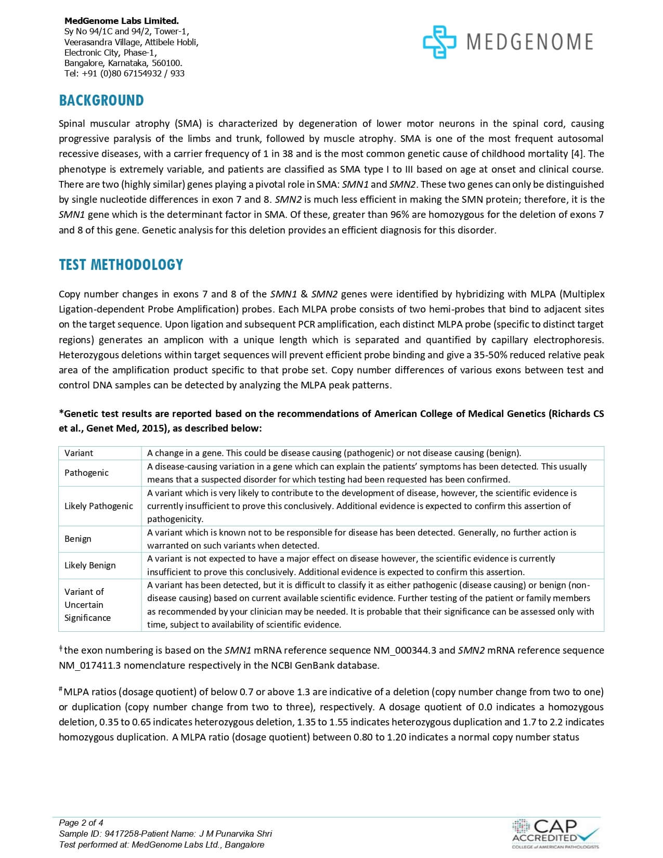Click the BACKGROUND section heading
tap(101, 100)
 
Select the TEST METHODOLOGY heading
tap(121, 265)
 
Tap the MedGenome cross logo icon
tap(439, 42)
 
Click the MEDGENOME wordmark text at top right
tap(529, 42)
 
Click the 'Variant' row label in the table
tap(79, 453)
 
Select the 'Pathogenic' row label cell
tap(87, 473)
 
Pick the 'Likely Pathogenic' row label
tap(99, 506)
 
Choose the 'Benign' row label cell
tap(78, 539)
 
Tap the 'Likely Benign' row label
tap(90, 565)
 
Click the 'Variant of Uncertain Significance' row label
tap(87, 605)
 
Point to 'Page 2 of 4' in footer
tap(81, 823)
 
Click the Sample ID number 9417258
tap(119, 834)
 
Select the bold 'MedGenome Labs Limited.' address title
tap(122, 21)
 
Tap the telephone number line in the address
tap(124, 73)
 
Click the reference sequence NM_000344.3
tap(405, 651)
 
